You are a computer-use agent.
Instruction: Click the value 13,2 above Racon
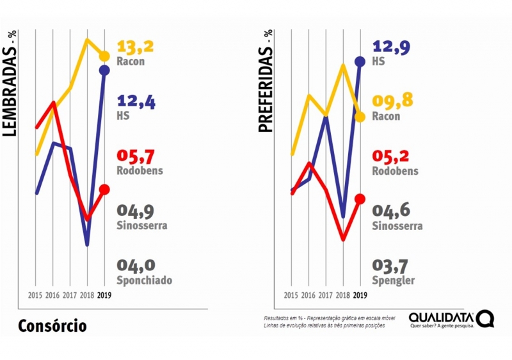coord(136,47)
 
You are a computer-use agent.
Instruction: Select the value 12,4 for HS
coord(136,101)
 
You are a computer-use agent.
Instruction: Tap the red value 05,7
coord(136,157)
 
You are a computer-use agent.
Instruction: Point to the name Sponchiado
coord(145,281)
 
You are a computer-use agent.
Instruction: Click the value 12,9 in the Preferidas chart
coord(391,46)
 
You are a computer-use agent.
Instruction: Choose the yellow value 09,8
coord(391,101)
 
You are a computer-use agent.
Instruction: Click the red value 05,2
coord(391,157)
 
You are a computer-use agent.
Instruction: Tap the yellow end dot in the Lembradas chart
coord(104,56)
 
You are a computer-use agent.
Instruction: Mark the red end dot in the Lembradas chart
coord(104,189)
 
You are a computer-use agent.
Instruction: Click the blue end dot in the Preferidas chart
coord(360,61)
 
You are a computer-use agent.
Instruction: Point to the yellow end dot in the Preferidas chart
coord(360,117)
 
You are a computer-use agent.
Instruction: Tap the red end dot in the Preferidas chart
coord(360,199)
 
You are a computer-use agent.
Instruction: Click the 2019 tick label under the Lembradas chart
coord(104,295)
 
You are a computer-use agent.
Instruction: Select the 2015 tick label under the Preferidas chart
coord(291,295)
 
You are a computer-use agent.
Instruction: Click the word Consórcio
coord(52,325)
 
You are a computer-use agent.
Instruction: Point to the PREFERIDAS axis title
coord(265,81)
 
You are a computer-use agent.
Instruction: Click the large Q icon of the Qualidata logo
coord(486,318)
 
